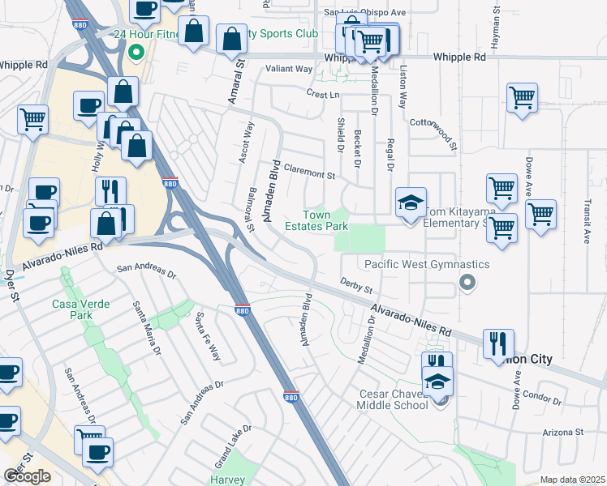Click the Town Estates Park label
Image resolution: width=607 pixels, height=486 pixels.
coord(316,220)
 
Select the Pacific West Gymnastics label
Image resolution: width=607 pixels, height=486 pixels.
coord(427,264)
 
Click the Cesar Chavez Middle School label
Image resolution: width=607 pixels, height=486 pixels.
coord(394,399)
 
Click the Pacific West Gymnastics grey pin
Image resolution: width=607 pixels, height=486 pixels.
coord(466,282)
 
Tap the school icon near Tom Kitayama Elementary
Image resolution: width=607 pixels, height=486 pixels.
coord(411,203)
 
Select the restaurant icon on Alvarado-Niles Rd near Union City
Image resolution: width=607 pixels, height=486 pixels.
coord(498,343)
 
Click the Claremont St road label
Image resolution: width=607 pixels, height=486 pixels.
coord(309,174)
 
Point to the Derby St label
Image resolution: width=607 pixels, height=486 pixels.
coord(355,286)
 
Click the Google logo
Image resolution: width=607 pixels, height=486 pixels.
coord(27,475)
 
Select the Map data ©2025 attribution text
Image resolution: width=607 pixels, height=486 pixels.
coord(572,480)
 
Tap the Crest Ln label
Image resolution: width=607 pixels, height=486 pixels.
coord(322,94)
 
